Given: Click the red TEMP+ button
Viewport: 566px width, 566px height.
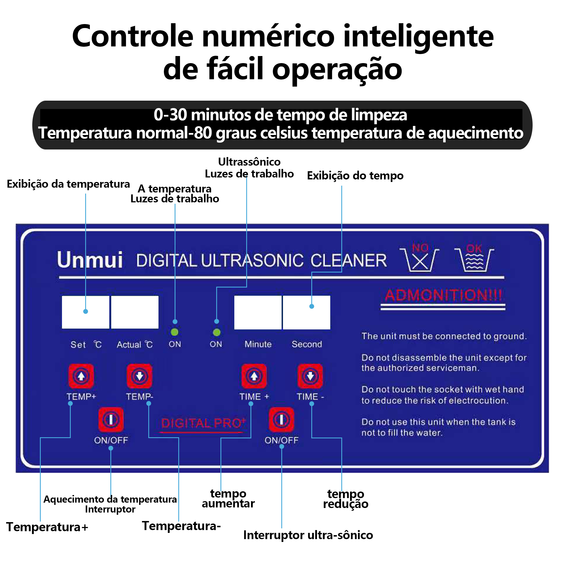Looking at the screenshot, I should [x=81, y=376].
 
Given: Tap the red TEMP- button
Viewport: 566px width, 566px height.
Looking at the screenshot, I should [x=140, y=376].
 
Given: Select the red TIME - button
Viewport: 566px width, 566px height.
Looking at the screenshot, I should [x=310, y=376].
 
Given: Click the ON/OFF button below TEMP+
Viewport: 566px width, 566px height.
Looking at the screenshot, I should [x=111, y=419].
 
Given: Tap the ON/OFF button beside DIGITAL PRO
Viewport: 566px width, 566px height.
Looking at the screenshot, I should [x=282, y=419].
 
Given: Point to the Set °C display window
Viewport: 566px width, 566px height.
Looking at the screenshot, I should [x=85, y=312].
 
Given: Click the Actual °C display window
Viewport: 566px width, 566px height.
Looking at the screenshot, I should [x=135, y=312].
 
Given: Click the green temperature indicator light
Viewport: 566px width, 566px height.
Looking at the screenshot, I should [x=175, y=332].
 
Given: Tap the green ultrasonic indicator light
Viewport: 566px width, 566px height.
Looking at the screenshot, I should [x=217, y=333].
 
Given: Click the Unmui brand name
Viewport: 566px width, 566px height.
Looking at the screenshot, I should [x=90, y=260].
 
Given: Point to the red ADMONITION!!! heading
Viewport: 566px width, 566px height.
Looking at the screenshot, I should [x=443, y=295].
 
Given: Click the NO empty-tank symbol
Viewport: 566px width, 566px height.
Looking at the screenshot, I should [x=420, y=258].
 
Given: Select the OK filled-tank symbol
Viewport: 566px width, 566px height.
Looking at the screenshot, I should [x=474, y=258].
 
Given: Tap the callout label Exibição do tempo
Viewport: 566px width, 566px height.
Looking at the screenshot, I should [x=355, y=175].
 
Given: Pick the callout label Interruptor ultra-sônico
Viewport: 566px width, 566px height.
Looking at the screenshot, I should [x=308, y=535].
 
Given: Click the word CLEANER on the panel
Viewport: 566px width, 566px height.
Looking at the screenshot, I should [x=349, y=260].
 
